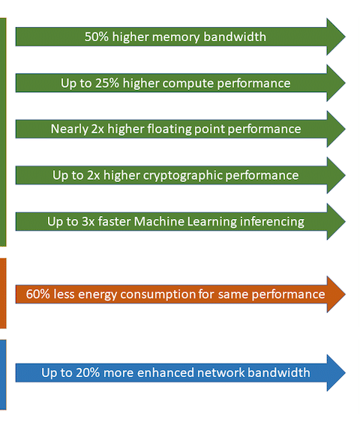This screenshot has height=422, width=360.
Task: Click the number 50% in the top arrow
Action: click(x=97, y=37)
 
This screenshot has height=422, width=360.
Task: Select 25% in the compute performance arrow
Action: click(x=107, y=83)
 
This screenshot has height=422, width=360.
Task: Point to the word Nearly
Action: click(x=70, y=130)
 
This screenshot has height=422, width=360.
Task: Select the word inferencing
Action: click(x=272, y=222)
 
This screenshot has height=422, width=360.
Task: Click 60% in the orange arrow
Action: click(x=38, y=294)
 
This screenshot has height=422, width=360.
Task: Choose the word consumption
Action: click(x=158, y=295)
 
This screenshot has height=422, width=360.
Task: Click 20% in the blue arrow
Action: click(x=88, y=373)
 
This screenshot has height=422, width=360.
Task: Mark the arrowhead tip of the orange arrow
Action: click(x=345, y=294)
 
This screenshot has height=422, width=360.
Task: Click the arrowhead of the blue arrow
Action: click(x=336, y=373)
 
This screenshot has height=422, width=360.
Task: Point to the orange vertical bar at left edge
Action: click(x=3, y=293)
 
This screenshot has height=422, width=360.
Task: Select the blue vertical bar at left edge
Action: click(x=3, y=375)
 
